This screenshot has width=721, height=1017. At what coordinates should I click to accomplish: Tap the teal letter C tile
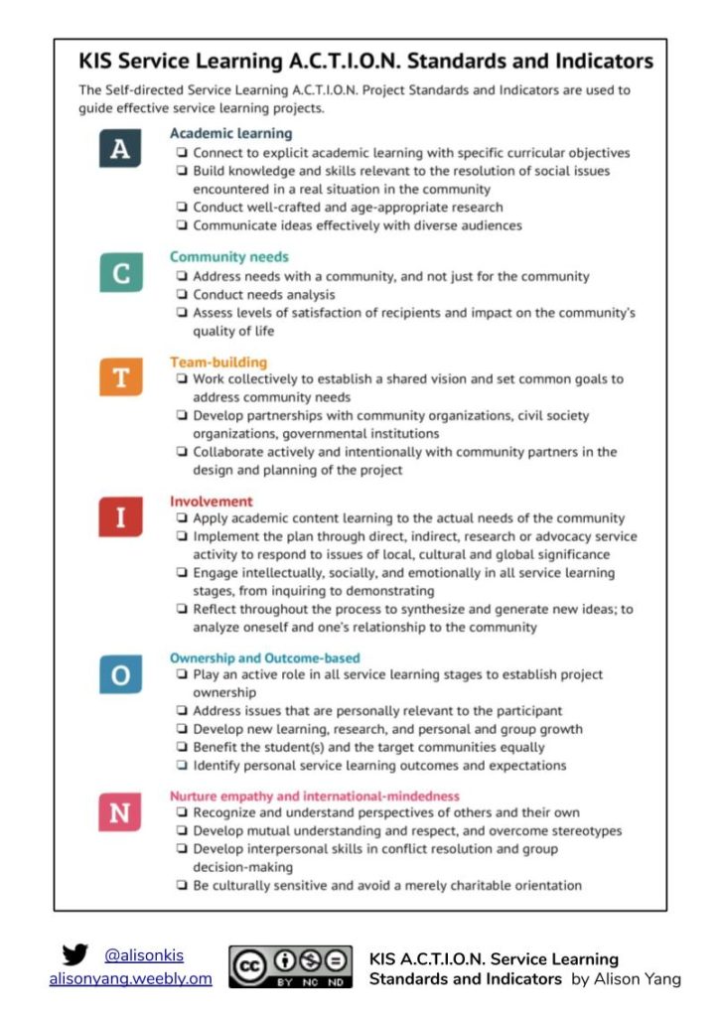119,272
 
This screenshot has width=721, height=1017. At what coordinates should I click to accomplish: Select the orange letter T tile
119,378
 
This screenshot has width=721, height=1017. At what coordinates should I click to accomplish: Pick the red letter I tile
119,517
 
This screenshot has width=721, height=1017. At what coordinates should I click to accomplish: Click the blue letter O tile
119,674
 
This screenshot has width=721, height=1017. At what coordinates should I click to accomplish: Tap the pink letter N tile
119,812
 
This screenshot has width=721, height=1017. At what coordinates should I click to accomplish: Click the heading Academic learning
230,133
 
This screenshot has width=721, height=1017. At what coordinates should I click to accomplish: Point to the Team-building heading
218,363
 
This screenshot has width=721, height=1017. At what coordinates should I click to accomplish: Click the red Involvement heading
211,502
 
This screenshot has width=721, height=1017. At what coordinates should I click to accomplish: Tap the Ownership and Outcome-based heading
264,657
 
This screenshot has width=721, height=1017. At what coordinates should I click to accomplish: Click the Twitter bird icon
74,955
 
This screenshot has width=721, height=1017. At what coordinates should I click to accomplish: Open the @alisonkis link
144,955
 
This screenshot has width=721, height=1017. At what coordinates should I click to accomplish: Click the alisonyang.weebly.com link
130,978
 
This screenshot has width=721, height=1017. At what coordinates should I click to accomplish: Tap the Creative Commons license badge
291,966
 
